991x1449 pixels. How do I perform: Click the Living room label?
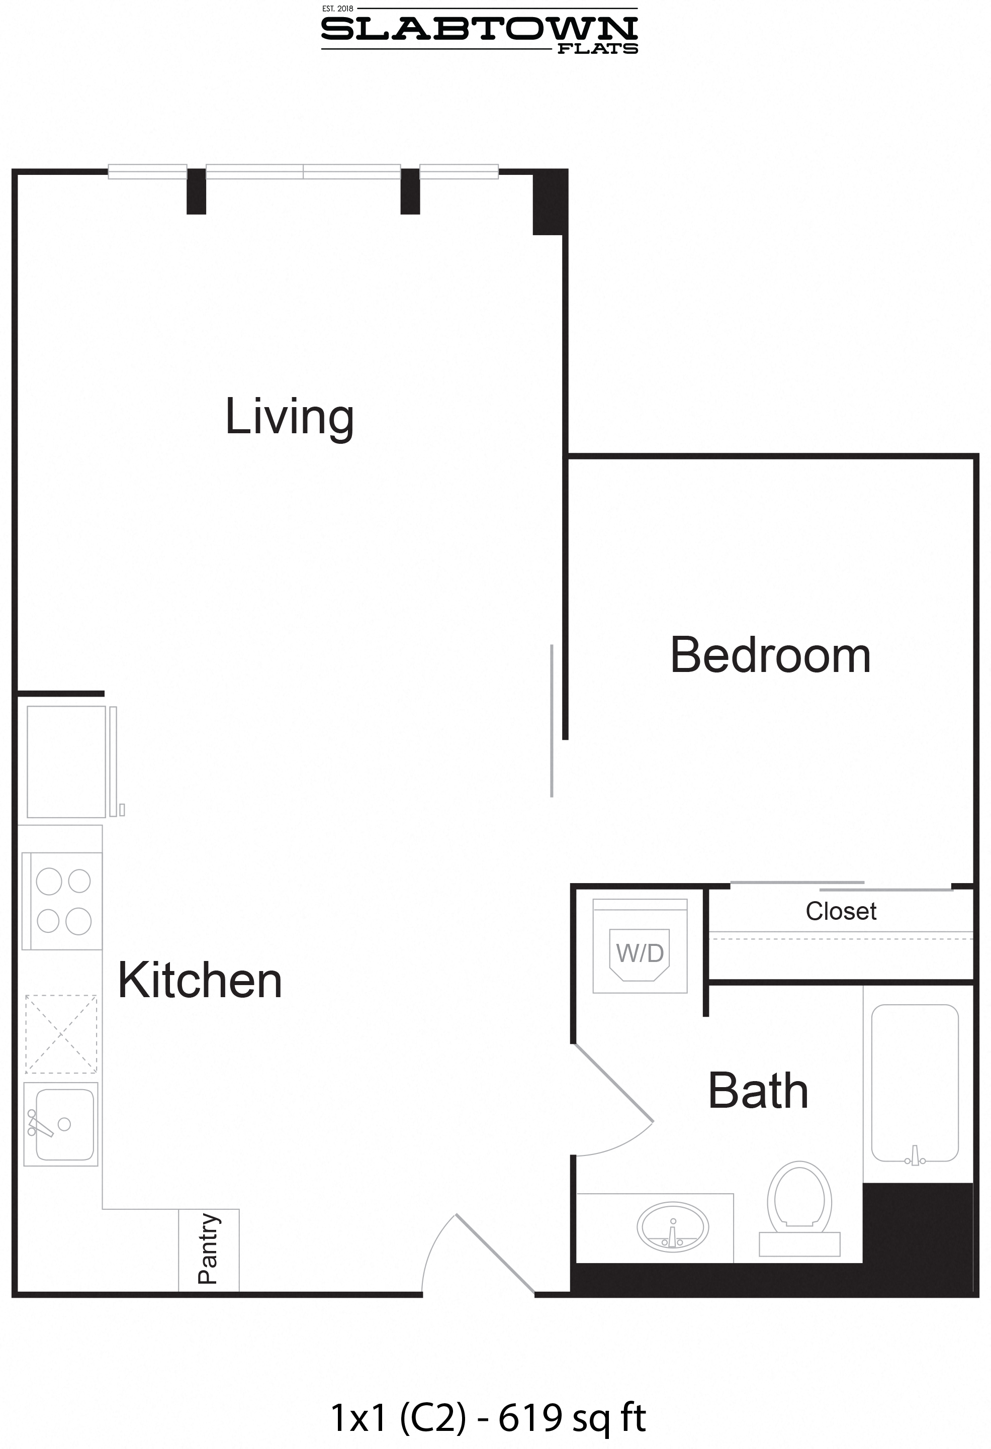pyautogui.click(x=290, y=417)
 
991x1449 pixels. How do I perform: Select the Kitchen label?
pyautogui.click(x=200, y=980)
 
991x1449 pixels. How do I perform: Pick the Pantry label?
pyautogui.click(x=208, y=1249)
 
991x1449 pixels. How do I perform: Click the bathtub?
pyautogui.click(x=914, y=1084)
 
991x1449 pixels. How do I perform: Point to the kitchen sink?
pyautogui.click(x=60, y=1123)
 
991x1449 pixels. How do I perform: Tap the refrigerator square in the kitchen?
pyautogui.click(x=66, y=761)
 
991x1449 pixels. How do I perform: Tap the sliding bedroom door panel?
pyautogui.click(x=552, y=721)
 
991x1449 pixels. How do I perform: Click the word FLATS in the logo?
pyautogui.click(x=597, y=49)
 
